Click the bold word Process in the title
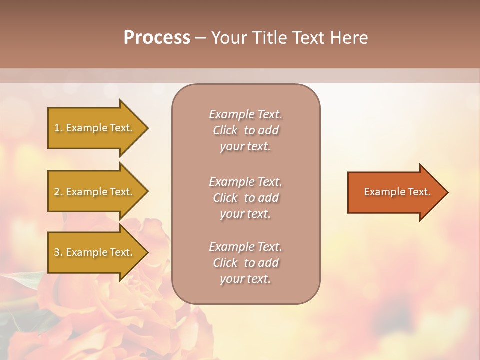point(157,38)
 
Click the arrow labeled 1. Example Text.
point(95,128)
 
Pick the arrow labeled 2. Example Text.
point(95,192)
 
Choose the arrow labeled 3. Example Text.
point(95,252)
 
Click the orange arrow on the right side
point(395,192)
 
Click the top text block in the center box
point(245,130)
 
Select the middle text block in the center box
point(245,198)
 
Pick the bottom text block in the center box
point(245,263)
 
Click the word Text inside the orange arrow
point(419,192)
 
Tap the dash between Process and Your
point(200,38)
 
